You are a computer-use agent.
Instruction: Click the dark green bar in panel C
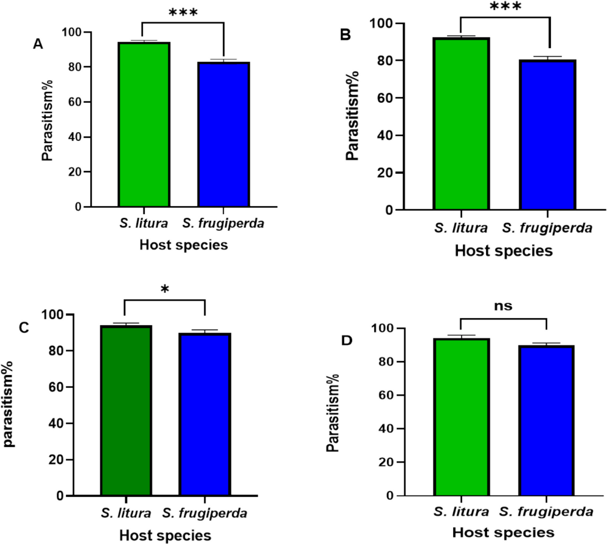point(126,410)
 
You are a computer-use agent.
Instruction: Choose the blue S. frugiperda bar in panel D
point(546,420)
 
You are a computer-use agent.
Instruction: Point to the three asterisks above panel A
point(183,13)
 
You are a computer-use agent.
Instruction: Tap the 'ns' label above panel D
point(503,306)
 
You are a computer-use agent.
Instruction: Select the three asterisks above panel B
point(505,6)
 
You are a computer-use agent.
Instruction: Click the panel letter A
point(38,44)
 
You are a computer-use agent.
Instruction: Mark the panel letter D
point(347,340)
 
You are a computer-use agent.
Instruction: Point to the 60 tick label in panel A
point(75,102)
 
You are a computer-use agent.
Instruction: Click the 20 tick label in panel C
point(56,460)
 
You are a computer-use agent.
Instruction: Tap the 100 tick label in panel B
point(381,23)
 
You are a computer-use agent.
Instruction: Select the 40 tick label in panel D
point(386,429)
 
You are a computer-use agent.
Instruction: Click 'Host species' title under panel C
point(165,535)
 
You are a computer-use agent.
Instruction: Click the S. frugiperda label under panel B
point(547,228)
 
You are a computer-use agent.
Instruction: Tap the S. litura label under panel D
point(461,512)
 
